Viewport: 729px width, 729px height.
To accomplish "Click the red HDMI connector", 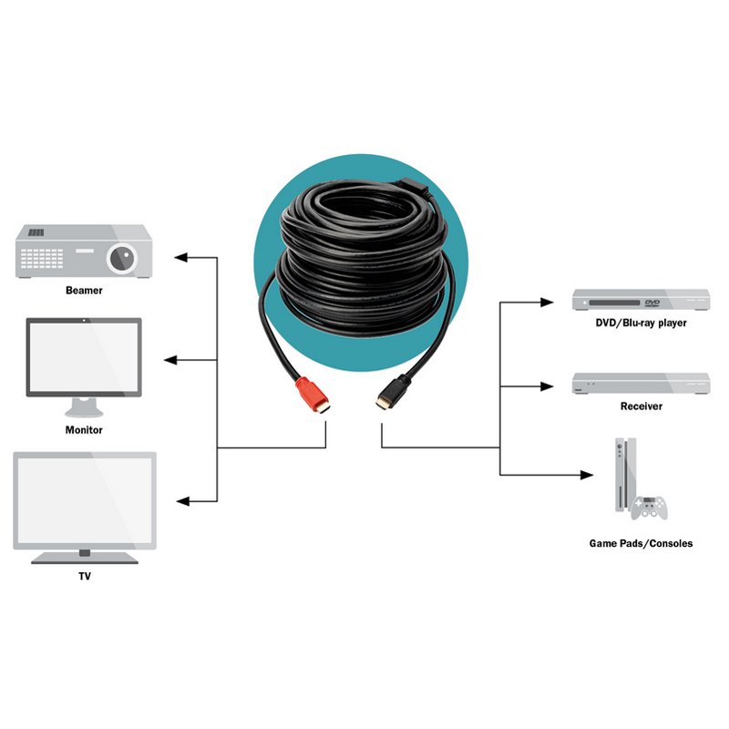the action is pyautogui.click(x=313, y=395).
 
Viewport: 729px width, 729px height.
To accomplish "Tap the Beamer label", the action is pyautogui.click(x=84, y=290).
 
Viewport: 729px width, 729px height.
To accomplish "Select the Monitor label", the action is pyautogui.click(x=84, y=429).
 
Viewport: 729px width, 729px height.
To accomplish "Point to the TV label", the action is pyautogui.click(x=85, y=576).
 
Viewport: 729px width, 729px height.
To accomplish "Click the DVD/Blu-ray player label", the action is pyautogui.click(x=641, y=323).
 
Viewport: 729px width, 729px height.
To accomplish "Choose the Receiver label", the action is pyautogui.click(x=642, y=406).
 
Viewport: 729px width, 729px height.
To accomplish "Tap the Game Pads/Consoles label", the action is pyautogui.click(x=641, y=543).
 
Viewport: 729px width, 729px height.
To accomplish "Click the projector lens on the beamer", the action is pyautogui.click(x=122, y=258).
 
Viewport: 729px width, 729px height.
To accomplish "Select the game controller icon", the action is pyautogui.click(x=649, y=508).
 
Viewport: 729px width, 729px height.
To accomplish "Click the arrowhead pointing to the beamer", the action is pyautogui.click(x=180, y=257).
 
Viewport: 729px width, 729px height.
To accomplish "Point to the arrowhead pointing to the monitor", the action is pyautogui.click(x=170, y=360).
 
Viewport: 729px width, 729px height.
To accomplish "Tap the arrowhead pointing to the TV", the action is pyautogui.click(x=183, y=501).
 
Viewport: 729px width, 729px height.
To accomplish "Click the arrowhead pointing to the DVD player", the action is pyautogui.click(x=547, y=303).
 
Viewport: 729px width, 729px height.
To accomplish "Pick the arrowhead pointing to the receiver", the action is pyautogui.click(x=547, y=386).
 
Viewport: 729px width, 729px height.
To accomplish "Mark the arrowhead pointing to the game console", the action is pyautogui.click(x=587, y=475).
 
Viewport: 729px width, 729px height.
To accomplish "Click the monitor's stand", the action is pyautogui.click(x=84, y=407).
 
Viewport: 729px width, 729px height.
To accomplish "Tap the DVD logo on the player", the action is pyautogui.click(x=652, y=303).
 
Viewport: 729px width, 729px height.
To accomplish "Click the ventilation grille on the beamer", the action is pyautogui.click(x=42, y=259).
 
